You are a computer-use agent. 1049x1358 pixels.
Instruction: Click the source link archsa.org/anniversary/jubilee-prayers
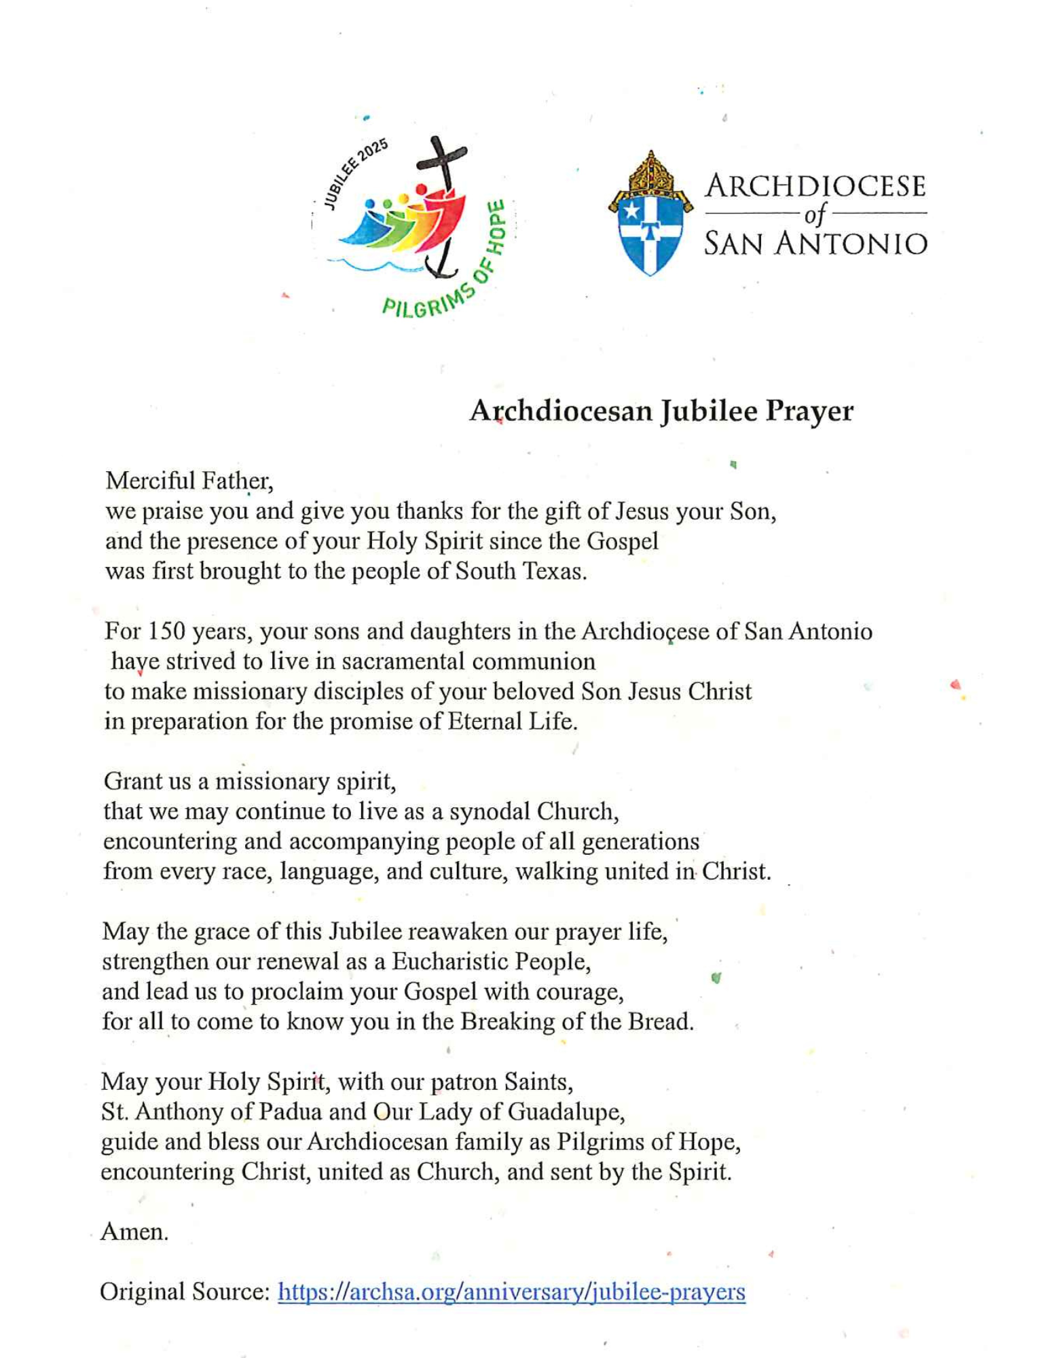511,1291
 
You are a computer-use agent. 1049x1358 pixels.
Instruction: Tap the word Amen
134,1232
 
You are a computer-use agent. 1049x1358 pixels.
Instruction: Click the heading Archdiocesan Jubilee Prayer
661,411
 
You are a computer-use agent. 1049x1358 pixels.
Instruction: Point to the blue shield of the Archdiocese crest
650,234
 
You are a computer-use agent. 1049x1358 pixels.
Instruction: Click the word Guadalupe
565,1112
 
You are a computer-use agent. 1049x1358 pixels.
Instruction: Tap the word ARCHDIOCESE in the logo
815,186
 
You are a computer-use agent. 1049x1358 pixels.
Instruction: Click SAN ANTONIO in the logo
815,243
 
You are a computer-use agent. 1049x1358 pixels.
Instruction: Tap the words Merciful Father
189,481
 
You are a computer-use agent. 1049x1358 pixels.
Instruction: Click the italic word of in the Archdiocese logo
815,215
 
